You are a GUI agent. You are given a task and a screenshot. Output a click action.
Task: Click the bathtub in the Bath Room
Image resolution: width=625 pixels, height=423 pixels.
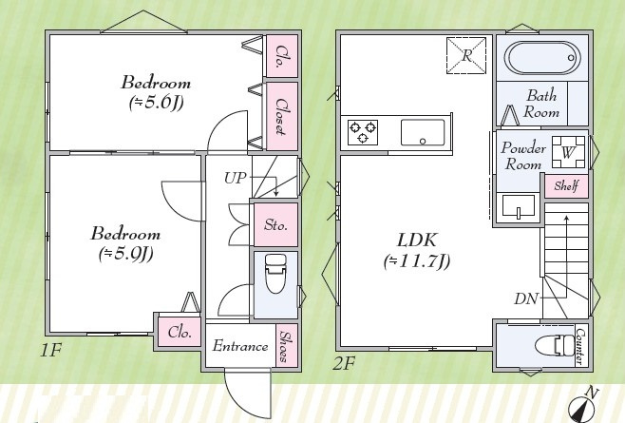[x=542, y=58]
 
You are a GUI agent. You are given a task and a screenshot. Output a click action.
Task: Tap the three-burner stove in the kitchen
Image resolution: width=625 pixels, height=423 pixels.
[x=363, y=132]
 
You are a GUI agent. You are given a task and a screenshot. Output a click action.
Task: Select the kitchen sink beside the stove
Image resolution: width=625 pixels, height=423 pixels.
[x=423, y=132]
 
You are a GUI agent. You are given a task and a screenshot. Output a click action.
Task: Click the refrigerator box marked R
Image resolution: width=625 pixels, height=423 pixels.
[x=466, y=55]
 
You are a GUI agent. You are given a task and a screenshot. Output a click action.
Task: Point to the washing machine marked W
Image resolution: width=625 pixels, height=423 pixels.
[x=568, y=152]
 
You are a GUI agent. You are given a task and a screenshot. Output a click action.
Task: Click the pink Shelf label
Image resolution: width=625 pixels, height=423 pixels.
[x=566, y=185]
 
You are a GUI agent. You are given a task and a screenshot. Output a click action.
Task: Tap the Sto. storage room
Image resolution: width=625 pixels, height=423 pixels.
[x=275, y=224]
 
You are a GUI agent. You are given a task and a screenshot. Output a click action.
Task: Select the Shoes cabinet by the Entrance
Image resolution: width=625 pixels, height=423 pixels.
[x=287, y=346]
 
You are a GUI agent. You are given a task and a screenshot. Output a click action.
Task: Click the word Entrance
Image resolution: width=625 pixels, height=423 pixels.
[x=240, y=346]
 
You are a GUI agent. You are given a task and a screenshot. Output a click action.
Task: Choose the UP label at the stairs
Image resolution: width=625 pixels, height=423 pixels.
[x=236, y=178]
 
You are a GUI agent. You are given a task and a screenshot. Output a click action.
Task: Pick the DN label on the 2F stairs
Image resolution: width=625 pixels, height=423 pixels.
[x=526, y=298]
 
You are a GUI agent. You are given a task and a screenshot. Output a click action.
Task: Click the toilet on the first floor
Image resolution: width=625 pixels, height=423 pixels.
[x=275, y=274]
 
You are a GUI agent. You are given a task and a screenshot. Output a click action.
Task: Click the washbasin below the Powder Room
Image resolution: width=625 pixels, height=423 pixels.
[x=519, y=206]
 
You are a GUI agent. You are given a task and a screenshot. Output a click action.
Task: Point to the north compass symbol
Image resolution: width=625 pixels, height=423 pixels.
[x=581, y=407]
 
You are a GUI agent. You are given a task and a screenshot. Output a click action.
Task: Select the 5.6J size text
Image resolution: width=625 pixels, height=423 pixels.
[x=156, y=104]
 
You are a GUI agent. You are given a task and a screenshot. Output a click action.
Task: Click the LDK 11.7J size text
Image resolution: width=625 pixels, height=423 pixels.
[x=417, y=261]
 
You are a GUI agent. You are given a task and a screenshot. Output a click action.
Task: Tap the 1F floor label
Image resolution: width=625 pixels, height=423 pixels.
[x=50, y=350]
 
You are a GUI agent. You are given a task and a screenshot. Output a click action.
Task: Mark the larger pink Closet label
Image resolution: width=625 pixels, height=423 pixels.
[x=282, y=116]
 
